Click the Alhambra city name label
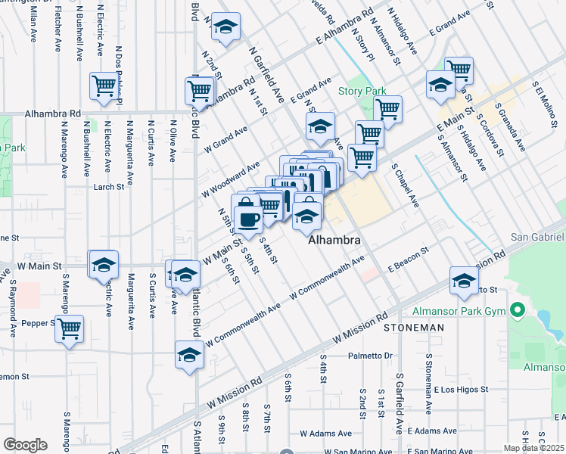(333, 240)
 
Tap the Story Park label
(362, 92)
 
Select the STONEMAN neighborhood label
(414, 328)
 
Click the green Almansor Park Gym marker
(518, 311)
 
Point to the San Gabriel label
(538, 237)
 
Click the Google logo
(25, 445)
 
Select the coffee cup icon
(247, 219)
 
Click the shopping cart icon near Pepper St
(69, 328)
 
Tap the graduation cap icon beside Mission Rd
(464, 281)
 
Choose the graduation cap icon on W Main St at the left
(104, 264)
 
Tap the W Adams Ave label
(325, 434)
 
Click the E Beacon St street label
(408, 258)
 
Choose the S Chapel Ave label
(405, 185)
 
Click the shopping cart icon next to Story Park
(387, 109)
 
